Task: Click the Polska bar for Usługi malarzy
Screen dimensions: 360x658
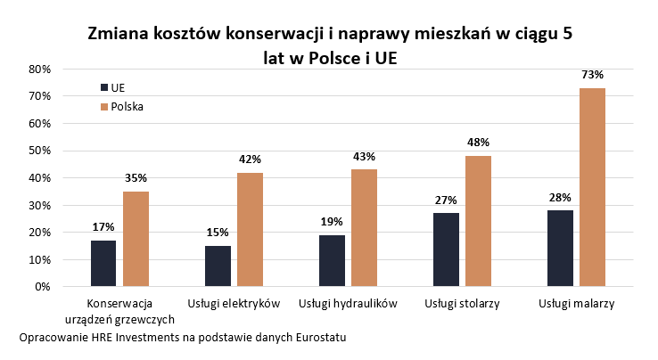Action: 592,187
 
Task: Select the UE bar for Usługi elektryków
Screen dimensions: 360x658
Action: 218,266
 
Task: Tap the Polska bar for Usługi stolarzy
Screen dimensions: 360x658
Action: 478,221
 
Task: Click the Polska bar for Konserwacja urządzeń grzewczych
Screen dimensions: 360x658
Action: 136,239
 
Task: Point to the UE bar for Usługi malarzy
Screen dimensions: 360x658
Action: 560,248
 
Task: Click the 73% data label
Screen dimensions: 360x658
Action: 592,75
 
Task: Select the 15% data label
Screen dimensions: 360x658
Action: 218,233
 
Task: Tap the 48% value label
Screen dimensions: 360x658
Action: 478,143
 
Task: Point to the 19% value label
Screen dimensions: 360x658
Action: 332,222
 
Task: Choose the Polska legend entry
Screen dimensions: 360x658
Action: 126,106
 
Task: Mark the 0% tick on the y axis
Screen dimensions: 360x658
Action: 43,287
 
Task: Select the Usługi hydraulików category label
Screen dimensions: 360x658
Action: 348,304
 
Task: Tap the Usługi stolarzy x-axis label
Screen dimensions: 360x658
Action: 462,304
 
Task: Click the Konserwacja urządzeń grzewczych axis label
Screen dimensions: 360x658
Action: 119,311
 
